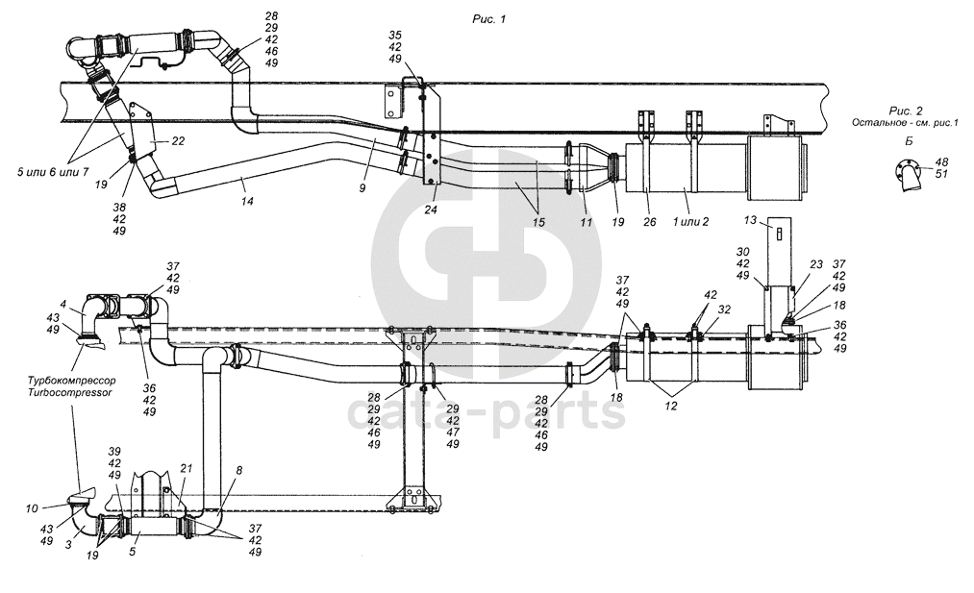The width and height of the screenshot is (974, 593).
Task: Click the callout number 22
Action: tap(178, 140)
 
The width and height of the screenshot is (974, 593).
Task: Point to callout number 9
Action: tap(362, 189)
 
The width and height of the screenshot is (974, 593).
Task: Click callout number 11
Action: tap(585, 222)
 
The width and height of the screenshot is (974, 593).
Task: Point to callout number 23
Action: tap(816, 263)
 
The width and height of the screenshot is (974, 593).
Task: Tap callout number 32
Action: tap(723, 309)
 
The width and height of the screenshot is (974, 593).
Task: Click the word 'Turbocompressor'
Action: tap(70, 393)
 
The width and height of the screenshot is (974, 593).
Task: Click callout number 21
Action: tap(187, 468)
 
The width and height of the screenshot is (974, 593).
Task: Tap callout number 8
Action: tap(238, 471)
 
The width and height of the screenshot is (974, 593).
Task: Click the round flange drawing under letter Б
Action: tap(907, 177)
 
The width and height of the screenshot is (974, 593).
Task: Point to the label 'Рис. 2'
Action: tap(906, 111)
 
